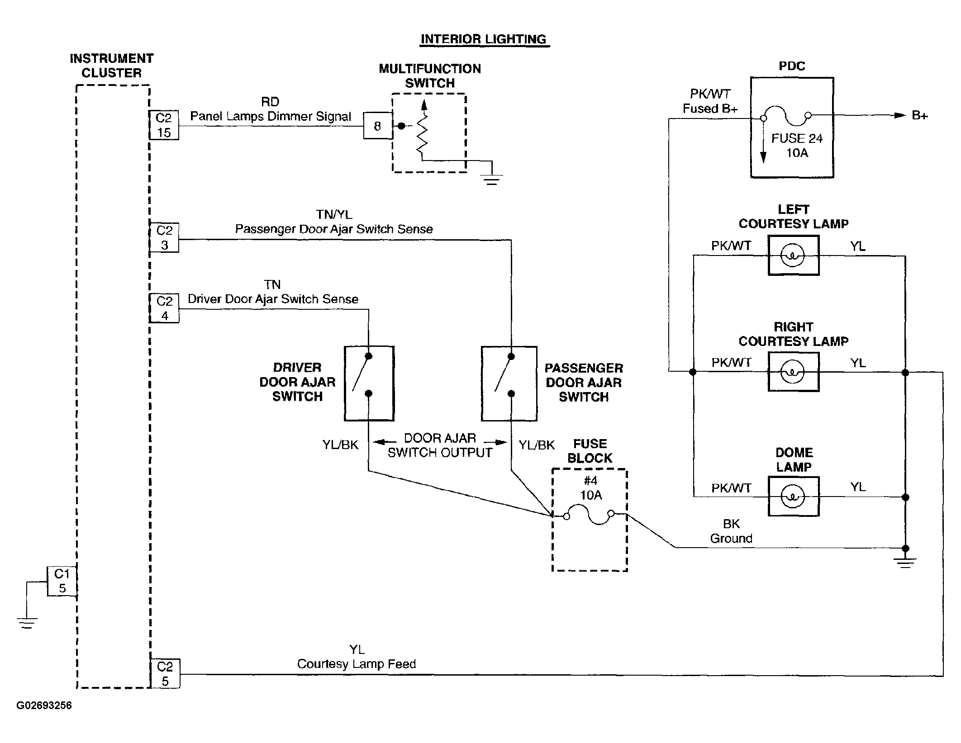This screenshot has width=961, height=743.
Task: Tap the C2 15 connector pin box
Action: click(x=164, y=125)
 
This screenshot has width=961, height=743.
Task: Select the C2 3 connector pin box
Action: click(x=164, y=237)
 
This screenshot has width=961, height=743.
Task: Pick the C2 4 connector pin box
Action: click(x=164, y=308)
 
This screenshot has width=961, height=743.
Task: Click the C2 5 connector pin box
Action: click(x=165, y=674)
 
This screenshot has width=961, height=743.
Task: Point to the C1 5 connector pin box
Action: click(x=62, y=581)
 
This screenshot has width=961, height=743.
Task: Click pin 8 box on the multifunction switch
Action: click(x=378, y=126)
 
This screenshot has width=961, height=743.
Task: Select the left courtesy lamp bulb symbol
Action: click(x=793, y=256)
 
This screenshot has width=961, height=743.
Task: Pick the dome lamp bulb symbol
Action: click(x=793, y=497)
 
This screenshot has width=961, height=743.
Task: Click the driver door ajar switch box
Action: click(x=369, y=383)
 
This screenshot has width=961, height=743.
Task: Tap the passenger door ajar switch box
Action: click(x=509, y=383)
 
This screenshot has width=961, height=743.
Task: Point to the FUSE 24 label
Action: click(x=797, y=138)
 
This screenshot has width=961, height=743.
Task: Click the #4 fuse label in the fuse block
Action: click(x=590, y=481)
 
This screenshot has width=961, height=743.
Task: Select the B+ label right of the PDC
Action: click(x=920, y=116)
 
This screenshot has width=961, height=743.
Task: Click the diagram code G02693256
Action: click(x=44, y=706)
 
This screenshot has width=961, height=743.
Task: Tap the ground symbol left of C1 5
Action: click(x=27, y=623)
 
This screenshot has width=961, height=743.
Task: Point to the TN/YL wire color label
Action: click(x=334, y=214)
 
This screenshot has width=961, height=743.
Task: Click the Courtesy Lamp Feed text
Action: click(x=357, y=664)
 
